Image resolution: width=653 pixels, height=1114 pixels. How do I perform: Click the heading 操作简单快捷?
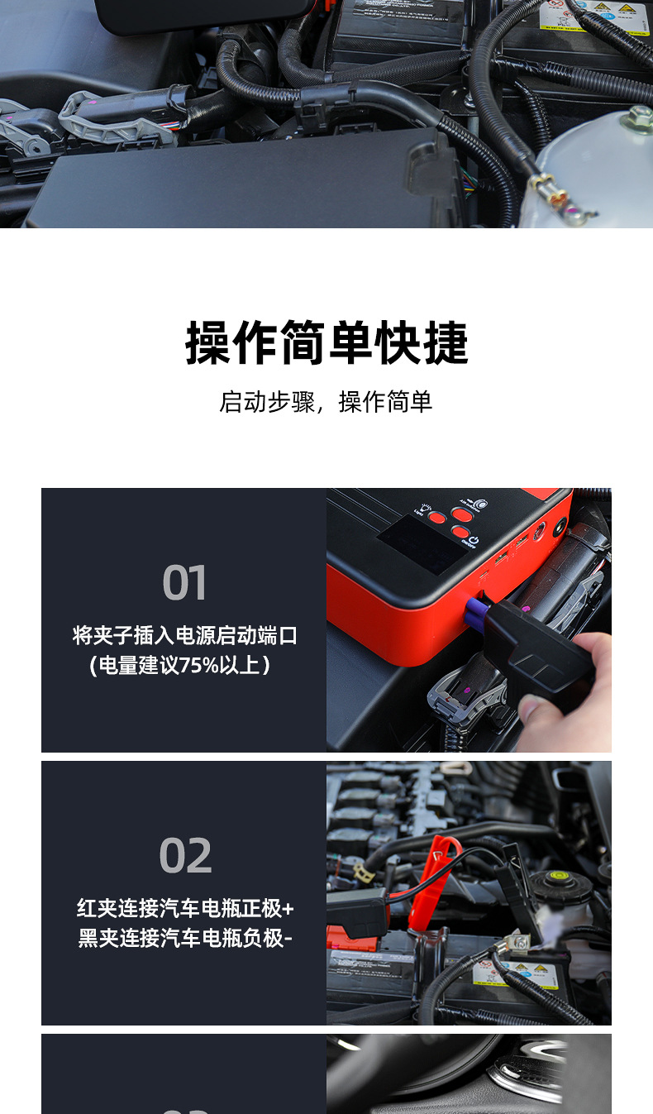[326, 343]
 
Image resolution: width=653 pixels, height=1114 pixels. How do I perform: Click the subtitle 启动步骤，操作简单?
[326, 402]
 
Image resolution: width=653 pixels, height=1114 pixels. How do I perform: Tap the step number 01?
[184, 583]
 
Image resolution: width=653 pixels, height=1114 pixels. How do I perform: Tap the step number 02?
[185, 856]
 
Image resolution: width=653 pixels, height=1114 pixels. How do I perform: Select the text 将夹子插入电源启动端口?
[184, 636]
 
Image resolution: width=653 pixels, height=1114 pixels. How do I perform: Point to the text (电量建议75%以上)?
[179, 665]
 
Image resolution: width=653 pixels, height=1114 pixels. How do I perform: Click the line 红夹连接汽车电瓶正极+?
[185, 909]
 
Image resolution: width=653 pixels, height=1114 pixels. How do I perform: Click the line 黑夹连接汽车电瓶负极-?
[185, 938]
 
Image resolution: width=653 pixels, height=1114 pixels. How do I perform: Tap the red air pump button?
[461, 514]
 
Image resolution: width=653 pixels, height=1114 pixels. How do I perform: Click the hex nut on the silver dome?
[637, 118]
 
